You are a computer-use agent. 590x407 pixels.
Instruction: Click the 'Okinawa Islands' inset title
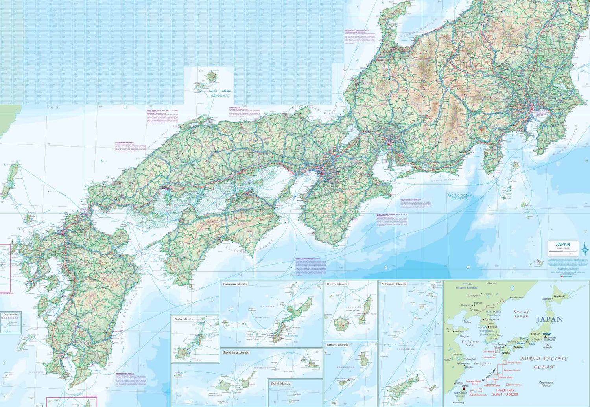tap(234, 284)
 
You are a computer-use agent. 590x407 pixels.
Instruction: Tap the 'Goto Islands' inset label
tap(183, 319)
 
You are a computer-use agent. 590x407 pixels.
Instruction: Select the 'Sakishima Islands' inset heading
tap(236, 352)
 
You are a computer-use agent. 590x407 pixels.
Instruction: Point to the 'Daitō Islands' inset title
tap(280, 383)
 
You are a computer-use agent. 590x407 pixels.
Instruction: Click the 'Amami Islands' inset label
tap(337, 345)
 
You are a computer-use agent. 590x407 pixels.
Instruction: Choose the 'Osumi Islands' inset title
tap(337, 284)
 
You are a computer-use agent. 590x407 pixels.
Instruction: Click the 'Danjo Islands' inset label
tap(10, 315)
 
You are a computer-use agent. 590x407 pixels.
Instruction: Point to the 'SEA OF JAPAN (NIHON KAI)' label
tap(220, 93)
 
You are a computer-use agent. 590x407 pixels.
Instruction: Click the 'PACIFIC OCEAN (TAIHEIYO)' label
tap(459, 197)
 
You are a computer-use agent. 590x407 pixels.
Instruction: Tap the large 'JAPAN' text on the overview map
tap(549, 319)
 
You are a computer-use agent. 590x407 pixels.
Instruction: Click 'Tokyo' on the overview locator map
tap(547, 334)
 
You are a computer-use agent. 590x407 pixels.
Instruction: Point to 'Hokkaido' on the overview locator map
tap(559, 296)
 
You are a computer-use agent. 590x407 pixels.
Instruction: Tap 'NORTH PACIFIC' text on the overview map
tap(544, 359)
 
